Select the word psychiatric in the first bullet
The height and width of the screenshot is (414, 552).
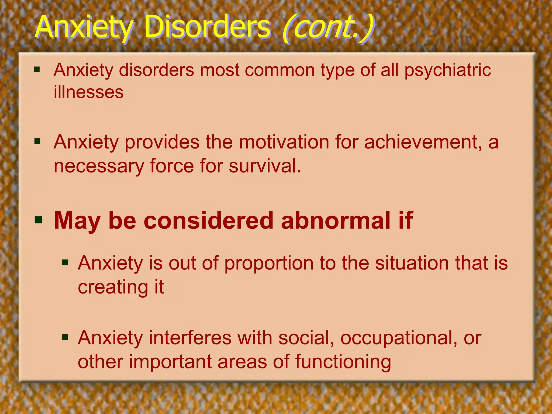(x=447, y=71)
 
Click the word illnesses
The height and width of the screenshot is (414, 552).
(x=88, y=92)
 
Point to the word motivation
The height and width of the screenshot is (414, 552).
(x=284, y=142)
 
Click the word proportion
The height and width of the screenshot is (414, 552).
(x=269, y=263)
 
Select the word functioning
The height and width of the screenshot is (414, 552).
(x=343, y=362)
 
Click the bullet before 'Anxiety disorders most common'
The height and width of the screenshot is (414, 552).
(x=37, y=70)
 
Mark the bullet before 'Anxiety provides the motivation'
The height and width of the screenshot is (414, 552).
(x=37, y=141)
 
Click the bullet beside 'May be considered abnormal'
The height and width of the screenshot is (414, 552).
(x=38, y=220)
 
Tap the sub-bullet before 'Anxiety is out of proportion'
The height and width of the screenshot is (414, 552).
(x=65, y=263)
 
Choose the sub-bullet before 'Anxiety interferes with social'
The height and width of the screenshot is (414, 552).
(x=65, y=337)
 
